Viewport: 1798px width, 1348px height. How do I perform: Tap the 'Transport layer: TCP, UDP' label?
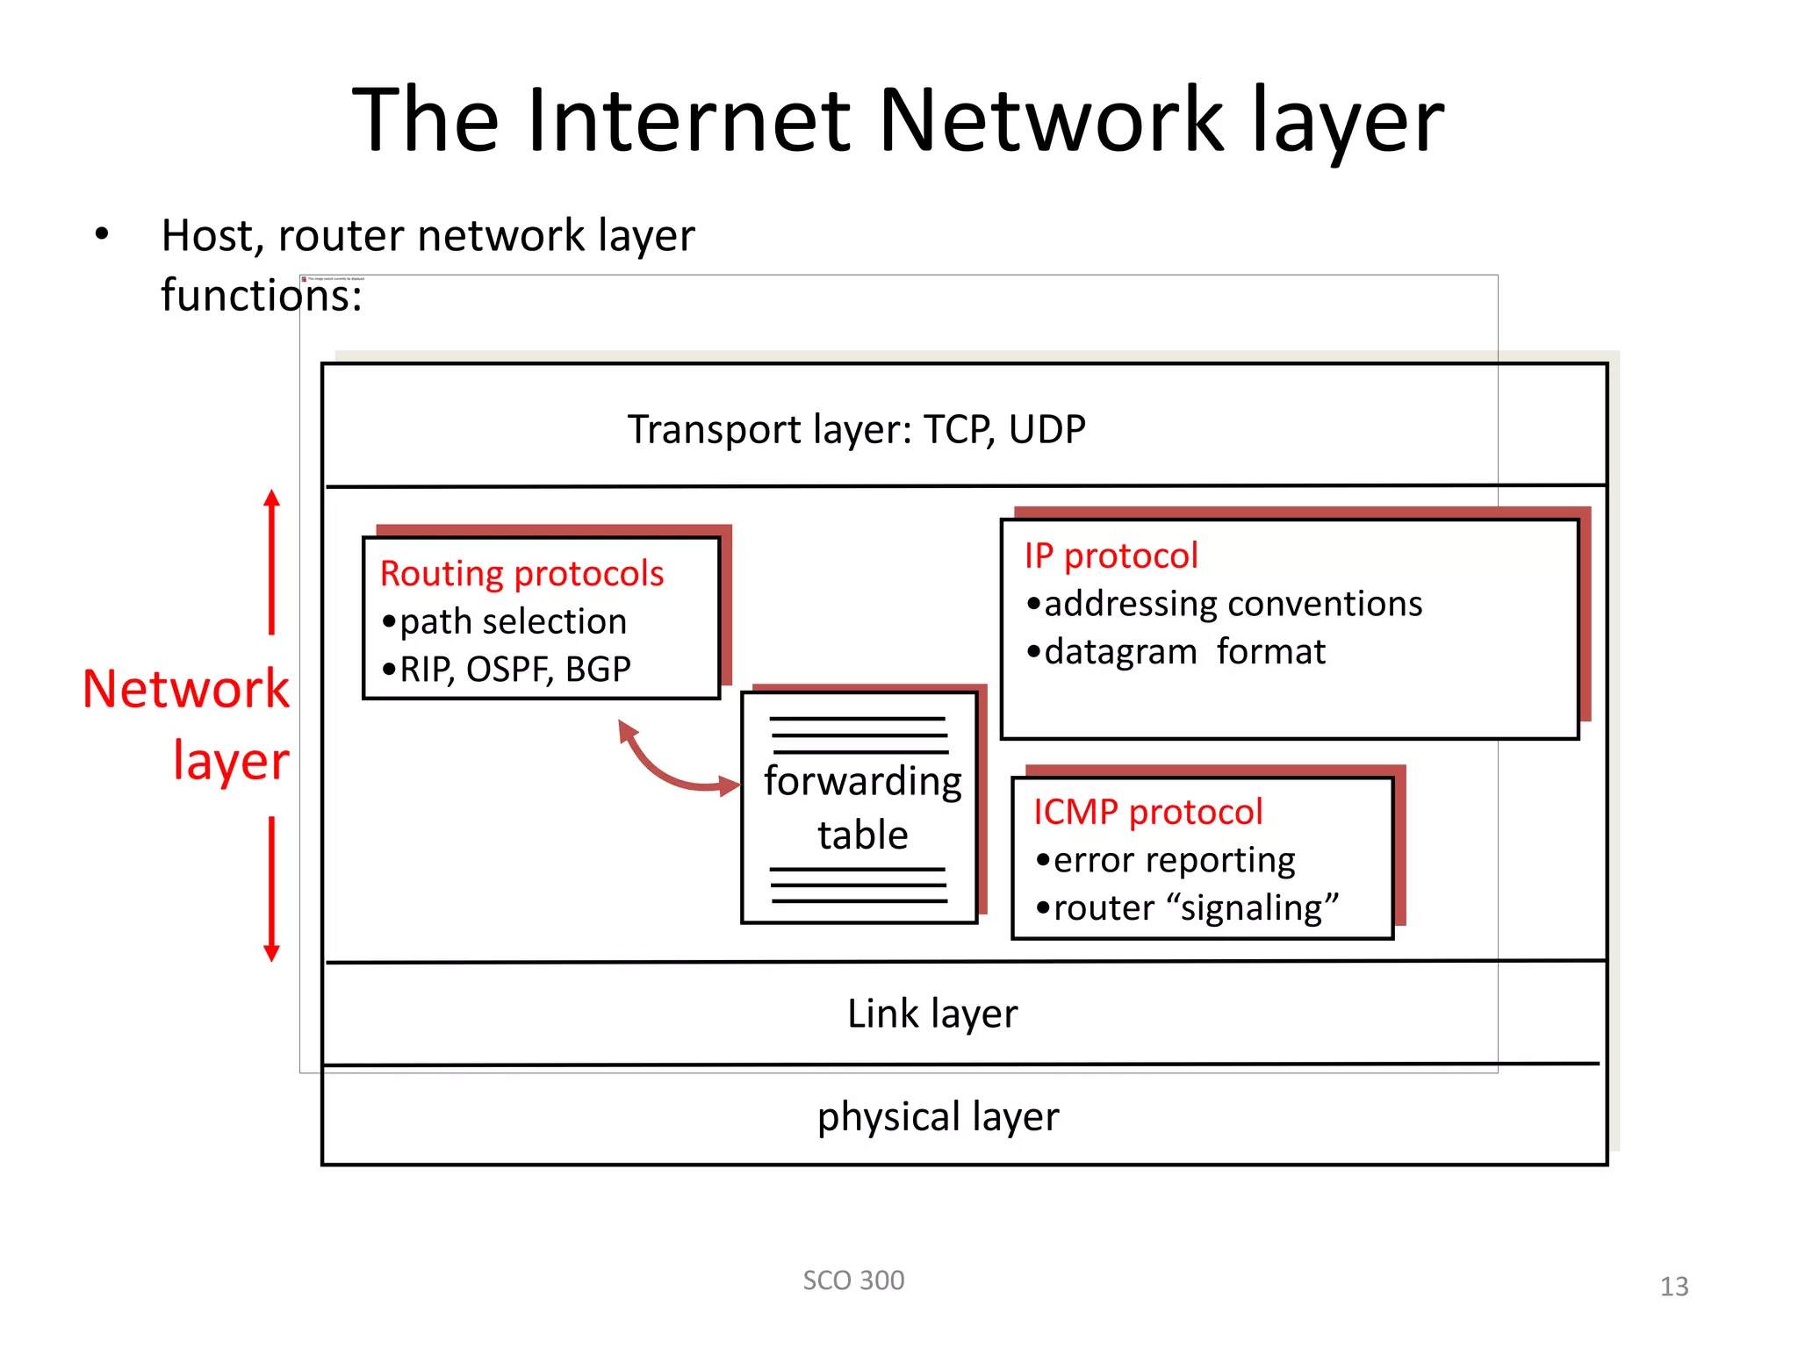[856, 430]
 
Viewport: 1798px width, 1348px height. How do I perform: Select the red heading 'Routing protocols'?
[521, 574]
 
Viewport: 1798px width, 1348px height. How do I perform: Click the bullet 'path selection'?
[513, 621]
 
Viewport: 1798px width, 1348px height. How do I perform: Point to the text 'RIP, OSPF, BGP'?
[514, 670]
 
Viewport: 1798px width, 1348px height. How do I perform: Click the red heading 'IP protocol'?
[1111, 556]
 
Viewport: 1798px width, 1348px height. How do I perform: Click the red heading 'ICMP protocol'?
[1147, 812]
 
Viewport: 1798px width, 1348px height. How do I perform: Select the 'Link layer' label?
[931, 1014]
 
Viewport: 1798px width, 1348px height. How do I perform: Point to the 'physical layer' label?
[938, 1117]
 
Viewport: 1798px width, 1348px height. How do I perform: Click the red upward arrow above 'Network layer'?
[272, 562]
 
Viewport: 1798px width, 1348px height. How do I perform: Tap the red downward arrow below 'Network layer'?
[272, 888]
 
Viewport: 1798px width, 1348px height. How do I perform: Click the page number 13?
[1673, 1287]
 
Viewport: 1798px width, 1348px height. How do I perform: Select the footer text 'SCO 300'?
[853, 1280]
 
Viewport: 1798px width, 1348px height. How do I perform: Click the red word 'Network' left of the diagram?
[185, 689]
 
